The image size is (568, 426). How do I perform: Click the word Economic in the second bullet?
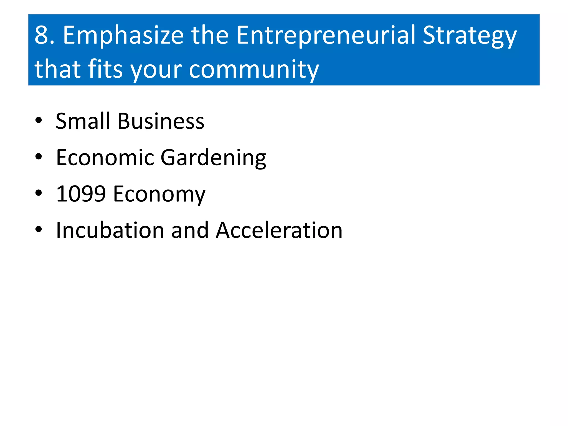click(105, 158)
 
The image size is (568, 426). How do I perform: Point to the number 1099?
click(81, 194)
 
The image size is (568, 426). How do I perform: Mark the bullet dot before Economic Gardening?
click(39, 157)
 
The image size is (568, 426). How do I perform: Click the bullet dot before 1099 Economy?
click(39, 193)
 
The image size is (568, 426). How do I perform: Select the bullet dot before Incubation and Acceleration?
click(39, 229)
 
